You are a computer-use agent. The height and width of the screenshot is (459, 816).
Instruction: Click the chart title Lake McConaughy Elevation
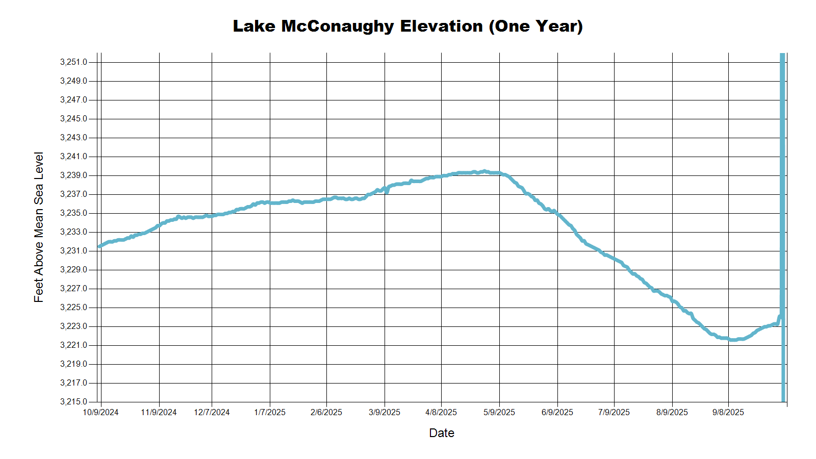[407, 26]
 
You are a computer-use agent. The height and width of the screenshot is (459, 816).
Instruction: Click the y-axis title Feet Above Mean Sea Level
[39, 227]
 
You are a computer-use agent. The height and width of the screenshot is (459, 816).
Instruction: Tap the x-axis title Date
[441, 433]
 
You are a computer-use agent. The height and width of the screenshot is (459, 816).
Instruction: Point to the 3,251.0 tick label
[73, 62]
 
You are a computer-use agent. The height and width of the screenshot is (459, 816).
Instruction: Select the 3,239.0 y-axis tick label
[73, 175]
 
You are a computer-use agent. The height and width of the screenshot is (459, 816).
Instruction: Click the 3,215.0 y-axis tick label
[73, 402]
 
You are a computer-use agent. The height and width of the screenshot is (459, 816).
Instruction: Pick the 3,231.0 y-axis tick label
[73, 251]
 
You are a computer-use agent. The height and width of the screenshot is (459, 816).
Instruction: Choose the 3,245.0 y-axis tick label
[73, 119]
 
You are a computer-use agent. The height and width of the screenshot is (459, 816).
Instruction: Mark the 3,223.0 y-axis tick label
[73, 326]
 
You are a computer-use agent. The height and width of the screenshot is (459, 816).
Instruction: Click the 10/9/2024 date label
[100, 413]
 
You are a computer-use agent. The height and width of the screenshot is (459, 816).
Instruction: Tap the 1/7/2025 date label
[270, 413]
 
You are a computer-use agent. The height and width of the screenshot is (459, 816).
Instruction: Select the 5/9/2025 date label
[499, 413]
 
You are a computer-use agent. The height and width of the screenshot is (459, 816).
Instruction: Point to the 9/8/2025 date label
[728, 413]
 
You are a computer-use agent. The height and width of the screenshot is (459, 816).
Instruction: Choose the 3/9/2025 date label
[385, 413]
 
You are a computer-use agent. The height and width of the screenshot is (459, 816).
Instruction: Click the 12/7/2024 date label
[212, 413]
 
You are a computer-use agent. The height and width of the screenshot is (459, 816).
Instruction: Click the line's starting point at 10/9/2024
[99, 246]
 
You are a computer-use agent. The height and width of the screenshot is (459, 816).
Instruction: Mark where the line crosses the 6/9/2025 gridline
[557, 213]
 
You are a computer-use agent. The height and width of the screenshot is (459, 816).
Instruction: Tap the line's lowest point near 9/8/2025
[733, 340]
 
